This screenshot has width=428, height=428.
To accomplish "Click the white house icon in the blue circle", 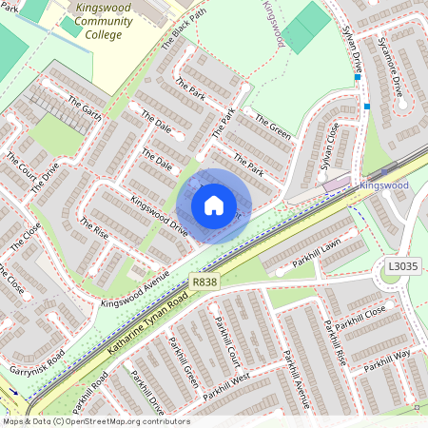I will click(x=214, y=205).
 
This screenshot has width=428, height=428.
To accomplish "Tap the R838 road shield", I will click(x=202, y=282).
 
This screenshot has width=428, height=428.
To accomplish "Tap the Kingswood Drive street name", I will click(x=159, y=216).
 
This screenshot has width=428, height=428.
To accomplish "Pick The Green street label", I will click(x=273, y=127).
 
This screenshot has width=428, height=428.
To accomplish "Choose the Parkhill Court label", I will click(x=229, y=342).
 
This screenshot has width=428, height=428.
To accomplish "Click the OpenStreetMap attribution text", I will click(x=95, y=421).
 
